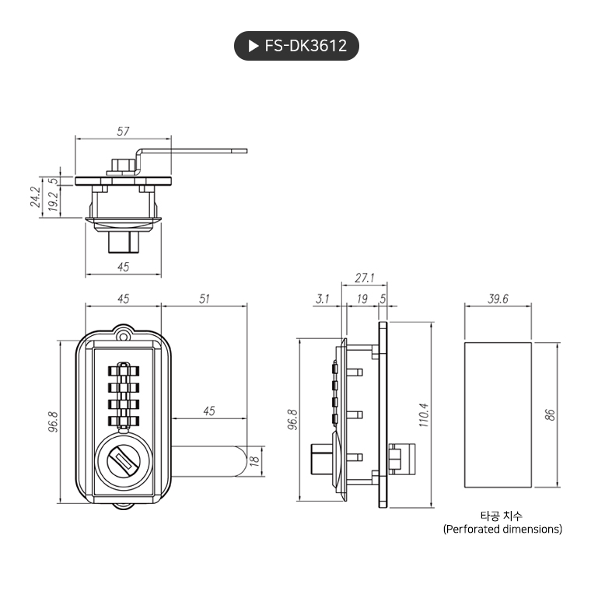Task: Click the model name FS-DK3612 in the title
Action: tap(306, 46)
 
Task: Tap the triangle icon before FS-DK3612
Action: tap(253, 46)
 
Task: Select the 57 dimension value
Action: tap(123, 131)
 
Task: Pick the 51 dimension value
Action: tap(204, 299)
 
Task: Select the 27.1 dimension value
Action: tap(364, 277)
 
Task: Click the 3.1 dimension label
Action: tap(323, 299)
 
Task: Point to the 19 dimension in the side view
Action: tap(362, 299)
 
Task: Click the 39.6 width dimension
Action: tap(498, 299)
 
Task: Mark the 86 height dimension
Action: tap(551, 414)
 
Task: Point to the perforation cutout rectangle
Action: tap(498, 414)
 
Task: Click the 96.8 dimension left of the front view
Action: tap(54, 425)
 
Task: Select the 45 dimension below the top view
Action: tap(123, 267)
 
